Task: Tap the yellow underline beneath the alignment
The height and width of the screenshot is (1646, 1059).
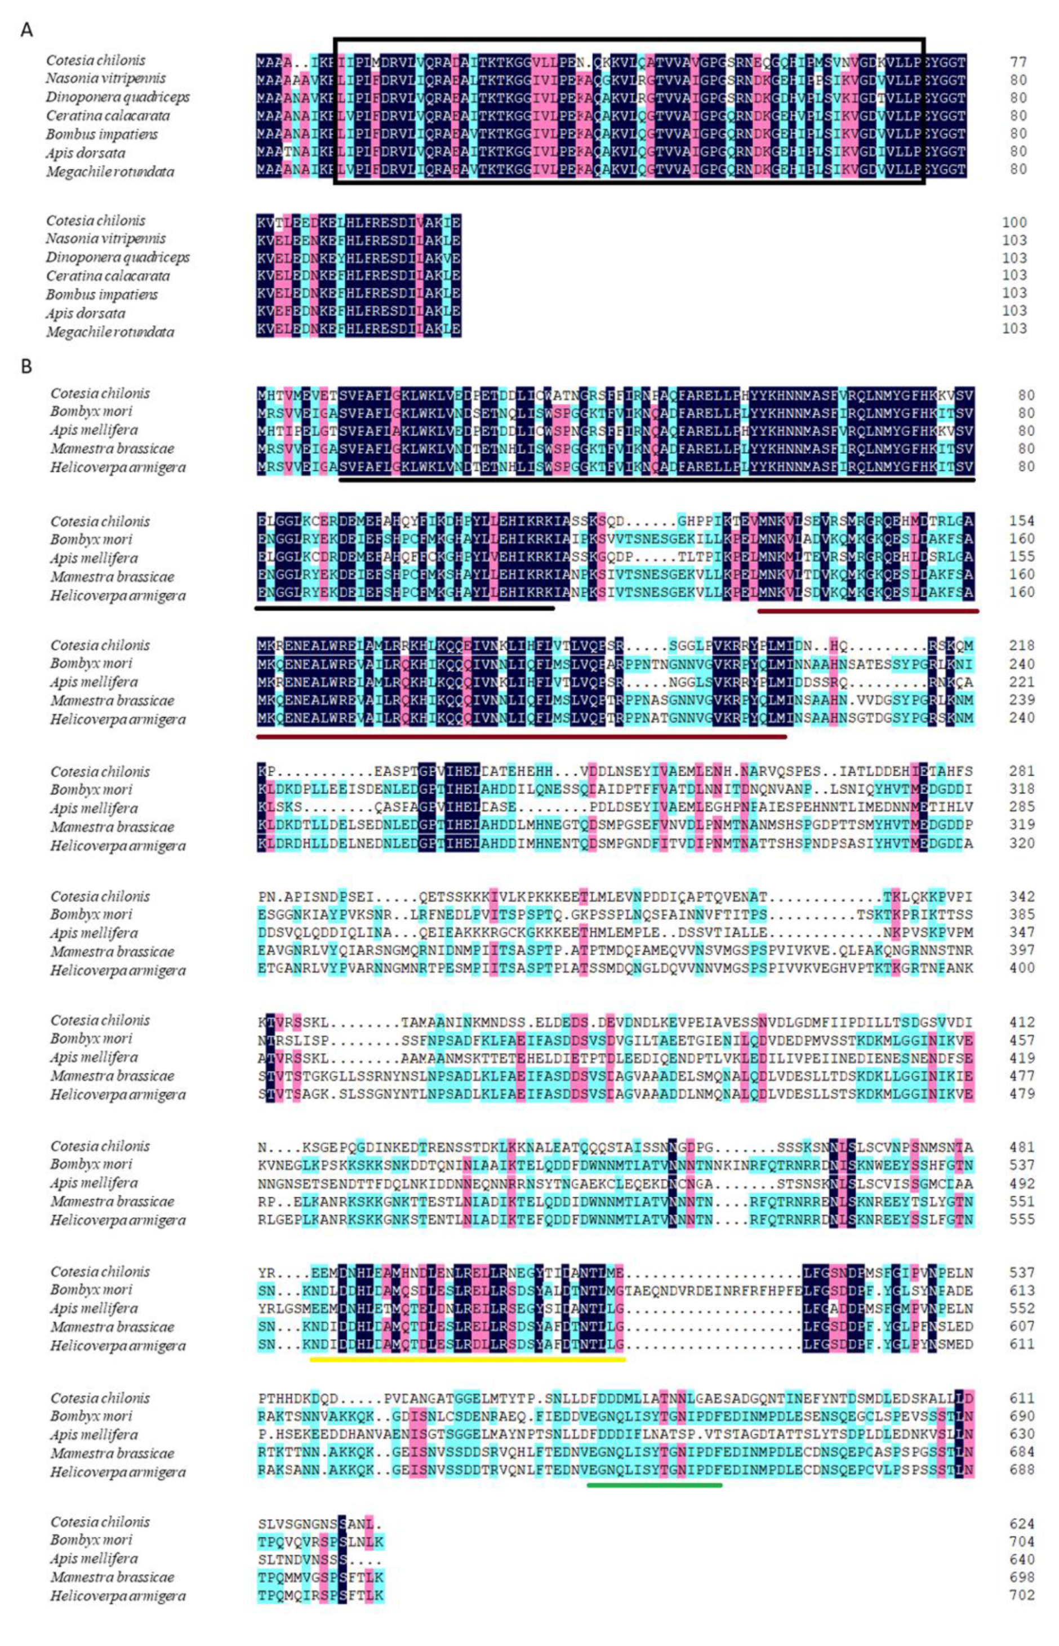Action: coord(468,1359)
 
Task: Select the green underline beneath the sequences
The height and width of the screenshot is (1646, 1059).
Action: coord(655,1485)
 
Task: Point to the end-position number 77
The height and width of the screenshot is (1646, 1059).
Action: coord(1018,62)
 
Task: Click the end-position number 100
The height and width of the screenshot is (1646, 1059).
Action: coord(1014,222)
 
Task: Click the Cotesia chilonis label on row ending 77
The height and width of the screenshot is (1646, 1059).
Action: coord(96,60)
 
